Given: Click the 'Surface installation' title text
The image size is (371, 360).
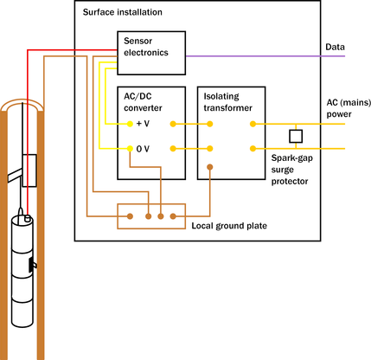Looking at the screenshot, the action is (x=123, y=12).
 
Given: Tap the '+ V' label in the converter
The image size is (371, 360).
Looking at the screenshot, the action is (x=143, y=124).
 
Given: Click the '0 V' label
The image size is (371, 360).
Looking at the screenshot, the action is (x=143, y=149).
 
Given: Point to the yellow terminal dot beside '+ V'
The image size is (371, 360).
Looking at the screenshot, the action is (x=130, y=124).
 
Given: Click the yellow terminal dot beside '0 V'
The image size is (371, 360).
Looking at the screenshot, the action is (x=130, y=149).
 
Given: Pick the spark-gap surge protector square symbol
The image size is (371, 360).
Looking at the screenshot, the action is (x=296, y=136).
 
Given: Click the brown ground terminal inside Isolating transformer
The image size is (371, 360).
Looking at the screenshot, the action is (x=210, y=167).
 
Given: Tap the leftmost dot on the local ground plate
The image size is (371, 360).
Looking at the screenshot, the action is (x=131, y=216).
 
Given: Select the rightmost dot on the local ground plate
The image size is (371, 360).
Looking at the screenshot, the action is (x=173, y=216).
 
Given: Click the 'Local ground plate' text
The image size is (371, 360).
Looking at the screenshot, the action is (x=229, y=226).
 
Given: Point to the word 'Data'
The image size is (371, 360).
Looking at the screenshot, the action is (x=335, y=47).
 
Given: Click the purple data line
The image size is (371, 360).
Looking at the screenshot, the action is (x=265, y=56).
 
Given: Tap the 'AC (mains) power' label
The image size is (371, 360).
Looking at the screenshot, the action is (x=349, y=108).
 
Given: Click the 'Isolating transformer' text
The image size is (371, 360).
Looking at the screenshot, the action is (x=227, y=102).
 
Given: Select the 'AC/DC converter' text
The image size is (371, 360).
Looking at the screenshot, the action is (x=143, y=102).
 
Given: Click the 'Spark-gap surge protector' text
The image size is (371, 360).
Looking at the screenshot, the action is (x=291, y=170).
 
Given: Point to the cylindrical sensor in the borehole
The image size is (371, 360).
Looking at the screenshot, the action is (x=22, y=271).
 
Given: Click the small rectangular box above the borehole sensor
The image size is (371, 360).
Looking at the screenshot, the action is (x=29, y=170).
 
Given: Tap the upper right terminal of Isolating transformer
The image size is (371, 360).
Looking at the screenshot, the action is (x=253, y=124).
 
